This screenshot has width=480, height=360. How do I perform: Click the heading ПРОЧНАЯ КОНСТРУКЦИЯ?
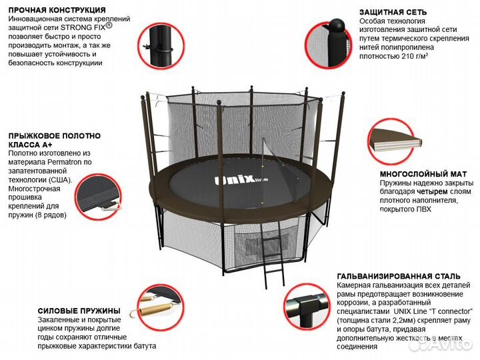pyautogui.click(x=57, y=10)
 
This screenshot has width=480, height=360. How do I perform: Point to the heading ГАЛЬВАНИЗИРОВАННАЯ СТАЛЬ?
pyautogui.click(x=399, y=276)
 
